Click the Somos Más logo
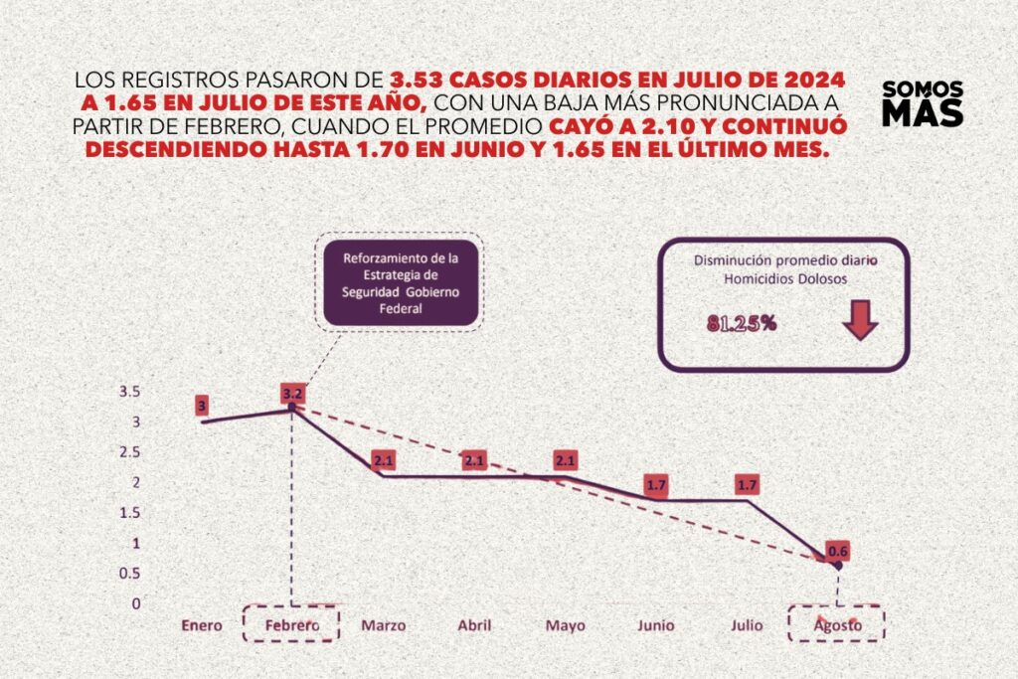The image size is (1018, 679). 923,102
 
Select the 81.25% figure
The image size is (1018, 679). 742,323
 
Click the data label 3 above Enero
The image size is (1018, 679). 202,405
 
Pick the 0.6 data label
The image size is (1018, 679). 836,552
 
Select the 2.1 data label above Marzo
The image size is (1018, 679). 385,460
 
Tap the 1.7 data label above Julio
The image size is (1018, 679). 747,485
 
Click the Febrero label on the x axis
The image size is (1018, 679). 291,624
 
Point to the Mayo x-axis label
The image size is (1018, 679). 565,625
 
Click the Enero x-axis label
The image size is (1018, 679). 202,625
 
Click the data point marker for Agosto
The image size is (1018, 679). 837,566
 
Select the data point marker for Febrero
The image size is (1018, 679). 291,407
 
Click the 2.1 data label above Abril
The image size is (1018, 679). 475,460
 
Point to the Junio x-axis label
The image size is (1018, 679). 655,625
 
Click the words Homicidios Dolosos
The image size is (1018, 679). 785,279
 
